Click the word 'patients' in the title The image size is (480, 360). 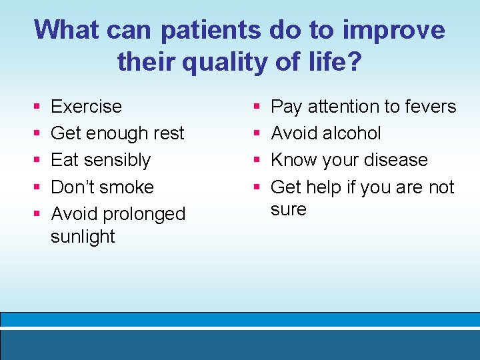pyautogui.click(x=211, y=30)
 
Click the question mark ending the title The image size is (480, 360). pyautogui.click(x=355, y=62)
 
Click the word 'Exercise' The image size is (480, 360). pyautogui.click(x=86, y=107)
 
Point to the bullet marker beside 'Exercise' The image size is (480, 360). pyautogui.click(x=36, y=107)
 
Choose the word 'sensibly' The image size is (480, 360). pyautogui.click(x=117, y=160)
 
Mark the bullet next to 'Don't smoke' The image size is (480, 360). pyautogui.click(x=36, y=187)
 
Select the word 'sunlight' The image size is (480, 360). pyautogui.click(x=83, y=237)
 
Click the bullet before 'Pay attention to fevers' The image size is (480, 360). pyautogui.click(x=257, y=107)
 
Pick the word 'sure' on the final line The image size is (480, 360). pyautogui.click(x=288, y=209)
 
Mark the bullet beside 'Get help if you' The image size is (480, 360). pyautogui.click(x=257, y=187)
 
